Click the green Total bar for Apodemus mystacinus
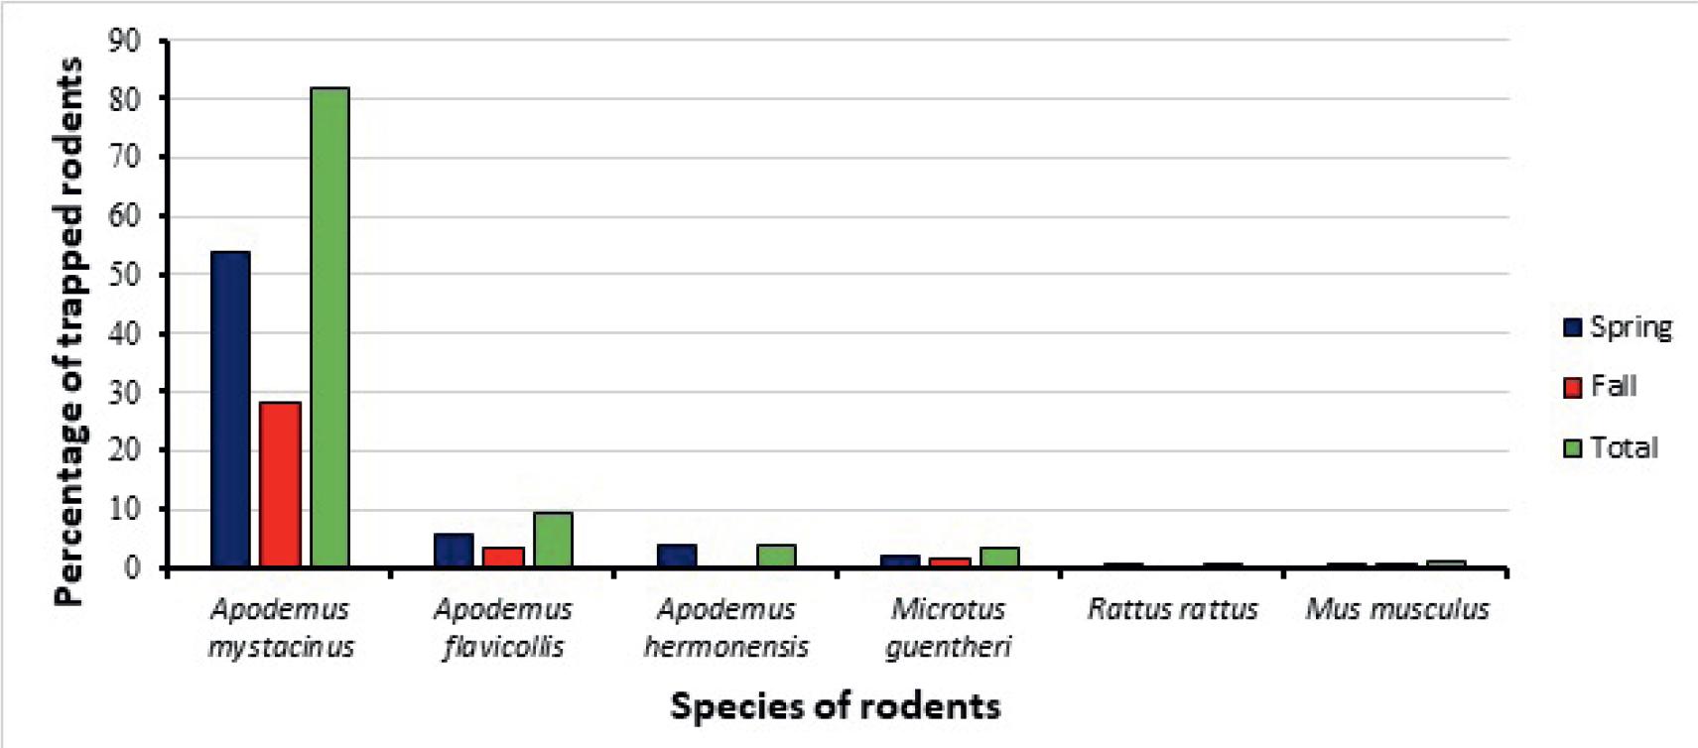tap(329, 327)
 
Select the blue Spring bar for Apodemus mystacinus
tap(230, 409)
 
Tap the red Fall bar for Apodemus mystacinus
tap(280, 484)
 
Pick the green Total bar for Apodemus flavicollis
tap(553, 540)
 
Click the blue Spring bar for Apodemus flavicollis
tap(454, 550)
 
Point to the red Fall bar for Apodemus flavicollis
tap(503, 557)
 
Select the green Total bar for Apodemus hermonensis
tap(776, 556)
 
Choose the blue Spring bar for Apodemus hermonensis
tap(677, 556)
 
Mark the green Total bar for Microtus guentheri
tap(999, 557)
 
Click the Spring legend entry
tap(1618, 326)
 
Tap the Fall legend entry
tap(1600, 386)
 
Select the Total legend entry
tap(1611, 447)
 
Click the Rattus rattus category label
tap(1173, 609)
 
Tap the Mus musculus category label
tap(1396, 609)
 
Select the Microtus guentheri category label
tap(949, 627)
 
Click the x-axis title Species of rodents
tap(835, 705)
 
